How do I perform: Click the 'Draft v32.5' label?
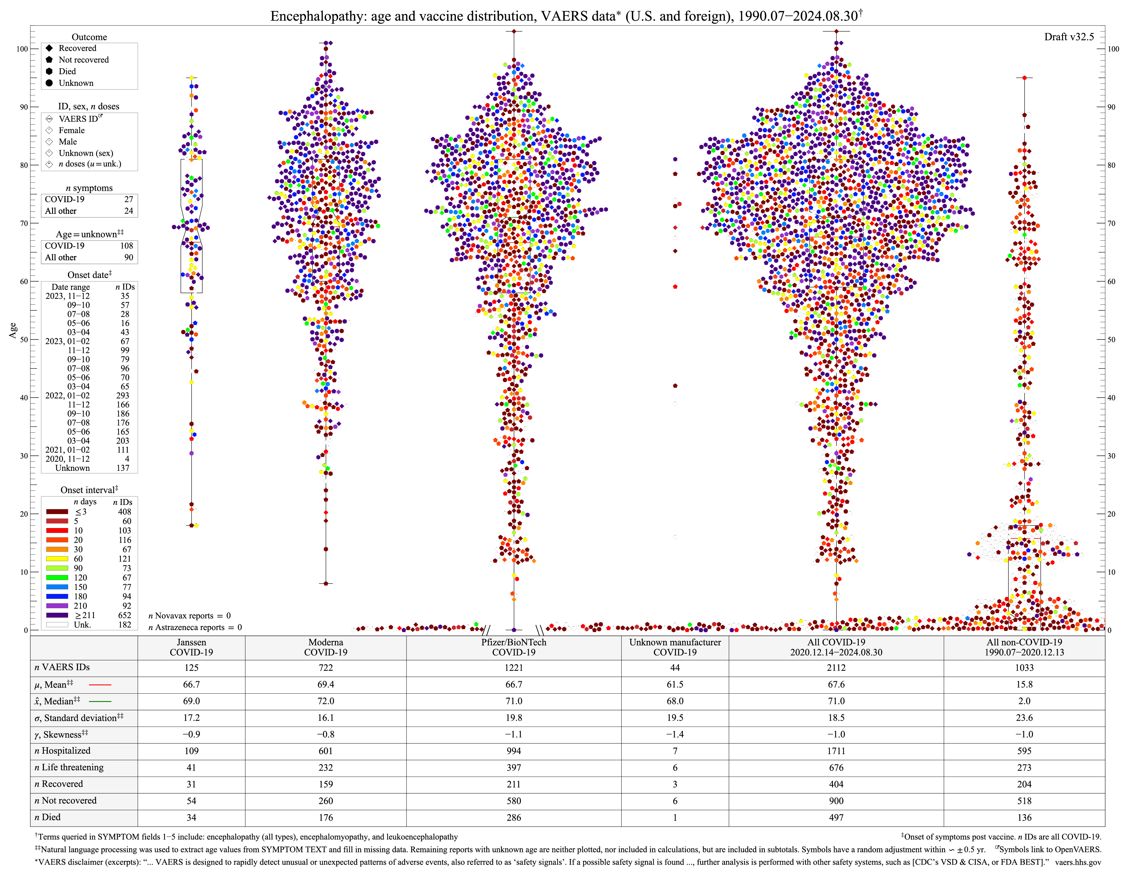coord(1068,37)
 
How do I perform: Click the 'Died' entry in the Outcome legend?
coord(67,71)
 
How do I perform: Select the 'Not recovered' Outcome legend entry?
coord(83,60)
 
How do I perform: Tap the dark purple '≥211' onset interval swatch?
coord(57,615)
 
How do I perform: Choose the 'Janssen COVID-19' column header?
coord(191,647)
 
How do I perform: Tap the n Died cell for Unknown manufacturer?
coord(675,817)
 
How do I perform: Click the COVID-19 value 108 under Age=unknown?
coord(127,246)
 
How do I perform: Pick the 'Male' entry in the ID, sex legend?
coord(68,142)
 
